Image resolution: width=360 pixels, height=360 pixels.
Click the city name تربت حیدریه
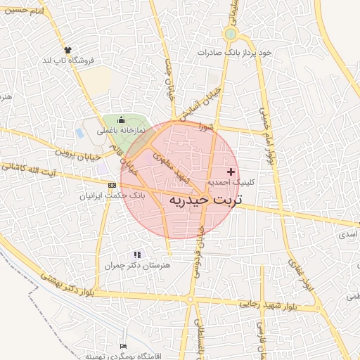click(204, 200)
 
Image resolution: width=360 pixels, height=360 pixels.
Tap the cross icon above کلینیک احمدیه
click(231, 172)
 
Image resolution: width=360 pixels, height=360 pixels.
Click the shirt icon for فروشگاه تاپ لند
click(68, 50)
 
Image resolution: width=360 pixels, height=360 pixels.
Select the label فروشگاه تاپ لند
click(70, 60)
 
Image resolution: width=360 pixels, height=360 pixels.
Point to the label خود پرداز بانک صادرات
click(234, 53)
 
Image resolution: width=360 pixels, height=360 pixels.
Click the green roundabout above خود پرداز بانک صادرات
click(230, 34)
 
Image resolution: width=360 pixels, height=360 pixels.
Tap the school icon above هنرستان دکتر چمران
click(137, 255)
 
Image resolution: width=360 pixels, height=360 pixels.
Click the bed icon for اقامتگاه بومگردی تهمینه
click(124, 347)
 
